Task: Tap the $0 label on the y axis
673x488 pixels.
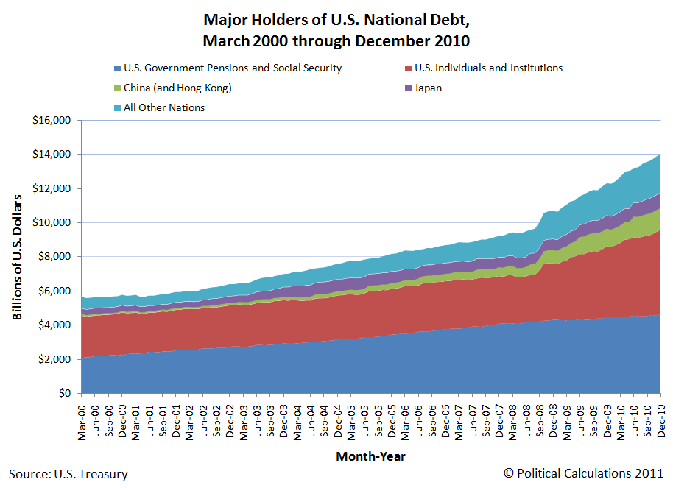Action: tap(64, 393)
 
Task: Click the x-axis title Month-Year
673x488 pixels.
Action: tap(370, 456)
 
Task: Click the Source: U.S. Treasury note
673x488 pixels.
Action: tap(68, 474)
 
